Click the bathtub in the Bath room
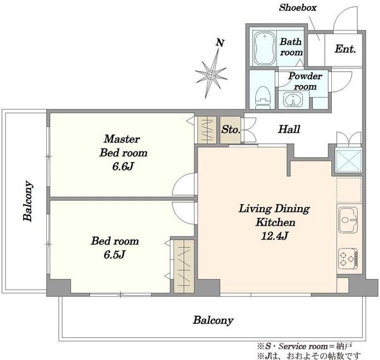pos(265,48)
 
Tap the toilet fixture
pos(263,97)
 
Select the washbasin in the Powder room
pos(293,100)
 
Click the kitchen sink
pos(348,220)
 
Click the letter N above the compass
pos(220,43)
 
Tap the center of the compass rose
pos(212,75)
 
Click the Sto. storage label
pos(231,129)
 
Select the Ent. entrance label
pos(345,49)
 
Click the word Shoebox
pos(298,8)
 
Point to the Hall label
pos(289,129)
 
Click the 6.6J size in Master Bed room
pos(123,167)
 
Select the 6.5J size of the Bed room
pos(115,255)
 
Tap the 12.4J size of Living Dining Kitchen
pos(275,236)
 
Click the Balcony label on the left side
pos(28,201)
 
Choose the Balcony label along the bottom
pos(213,321)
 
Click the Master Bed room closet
pos(207,130)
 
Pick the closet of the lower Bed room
pos(184,266)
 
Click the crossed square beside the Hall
pos(348,160)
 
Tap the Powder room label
pos(305,81)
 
